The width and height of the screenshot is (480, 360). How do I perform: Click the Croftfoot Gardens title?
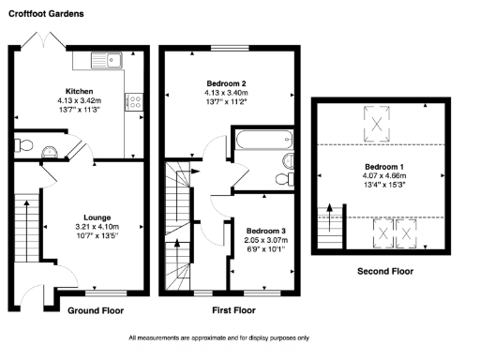pyautogui.click(x=46, y=14)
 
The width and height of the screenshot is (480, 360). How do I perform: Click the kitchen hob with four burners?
pyautogui.click(x=134, y=101)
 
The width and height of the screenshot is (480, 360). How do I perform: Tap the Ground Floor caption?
pyautogui.click(x=96, y=309)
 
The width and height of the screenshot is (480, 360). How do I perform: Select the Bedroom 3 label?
pyautogui.click(x=265, y=231)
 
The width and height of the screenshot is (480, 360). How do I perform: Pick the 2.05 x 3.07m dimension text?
pyautogui.click(x=265, y=241)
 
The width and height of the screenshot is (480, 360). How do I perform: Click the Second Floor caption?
pyautogui.click(x=384, y=271)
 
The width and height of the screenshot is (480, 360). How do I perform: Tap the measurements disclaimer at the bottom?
pyautogui.click(x=232, y=337)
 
